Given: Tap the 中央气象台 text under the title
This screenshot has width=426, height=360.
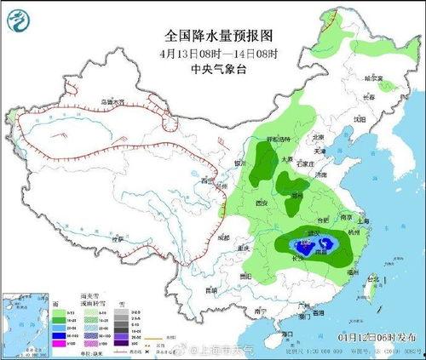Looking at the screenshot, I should [212, 70].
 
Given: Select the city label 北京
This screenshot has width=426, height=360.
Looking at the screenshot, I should [318, 137].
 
